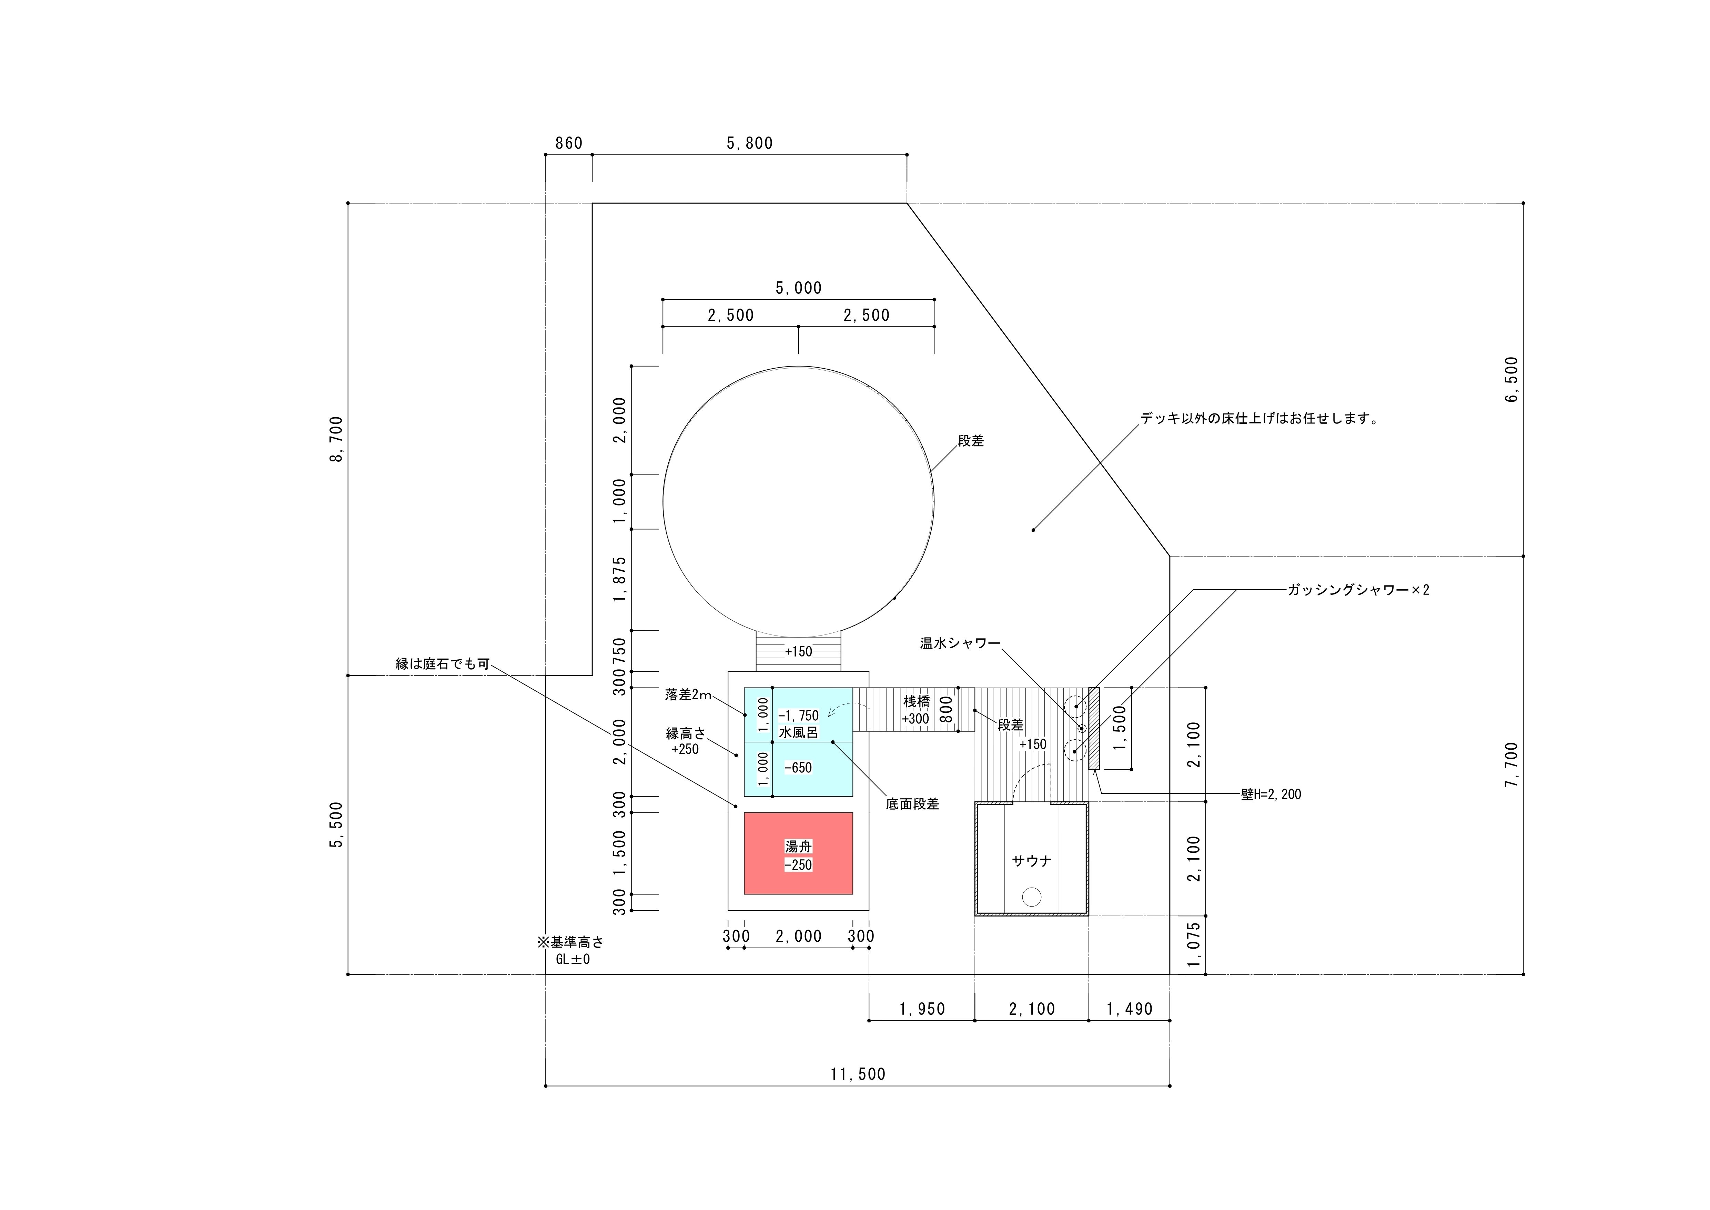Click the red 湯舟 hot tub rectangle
(x=798, y=853)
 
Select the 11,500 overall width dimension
(x=858, y=1074)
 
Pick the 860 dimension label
(x=569, y=143)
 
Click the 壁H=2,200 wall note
(x=1271, y=794)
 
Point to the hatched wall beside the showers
(x=1094, y=728)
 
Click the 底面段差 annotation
(x=912, y=804)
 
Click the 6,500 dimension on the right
(x=1511, y=379)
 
